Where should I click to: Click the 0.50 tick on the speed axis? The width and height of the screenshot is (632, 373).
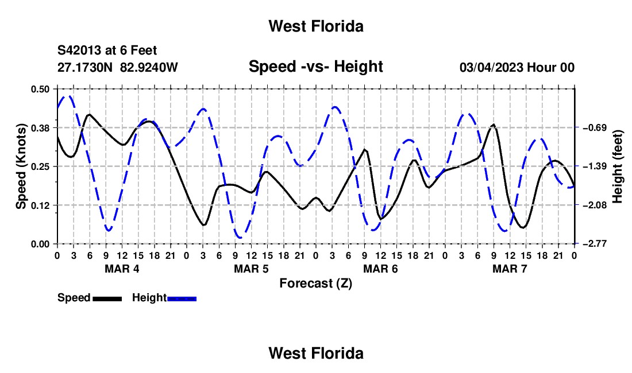pyautogui.click(x=40, y=89)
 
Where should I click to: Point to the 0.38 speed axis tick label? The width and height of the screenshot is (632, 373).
pyautogui.click(x=40, y=128)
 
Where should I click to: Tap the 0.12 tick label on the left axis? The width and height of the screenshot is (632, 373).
pyautogui.click(x=40, y=205)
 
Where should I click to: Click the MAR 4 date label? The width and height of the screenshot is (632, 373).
pyautogui.click(x=122, y=269)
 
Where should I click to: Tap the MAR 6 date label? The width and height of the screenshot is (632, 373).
pyautogui.click(x=380, y=269)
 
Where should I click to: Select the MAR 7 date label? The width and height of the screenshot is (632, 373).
pyautogui.click(x=510, y=269)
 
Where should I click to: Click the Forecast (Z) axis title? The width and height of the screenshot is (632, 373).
pyautogui.click(x=316, y=283)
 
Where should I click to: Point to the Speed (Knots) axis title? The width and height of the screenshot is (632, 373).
pyautogui.click(x=21, y=166)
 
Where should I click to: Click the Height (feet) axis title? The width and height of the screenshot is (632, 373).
pyautogui.click(x=618, y=166)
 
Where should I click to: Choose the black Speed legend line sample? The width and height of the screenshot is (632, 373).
pyautogui.click(x=107, y=298)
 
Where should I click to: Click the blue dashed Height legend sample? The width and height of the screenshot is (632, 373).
pyautogui.click(x=182, y=298)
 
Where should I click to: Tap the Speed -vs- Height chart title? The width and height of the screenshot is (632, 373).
pyautogui.click(x=316, y=67)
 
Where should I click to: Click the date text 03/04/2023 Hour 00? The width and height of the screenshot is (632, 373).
pyautogui.click(x=517, y=67)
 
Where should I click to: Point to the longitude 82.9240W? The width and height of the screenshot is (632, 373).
pyautogui.click(x=149, y=67)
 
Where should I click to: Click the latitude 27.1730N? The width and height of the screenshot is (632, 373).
pyautogui.click(x=85, y=67)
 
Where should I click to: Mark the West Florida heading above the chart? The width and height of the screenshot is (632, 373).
pyautogui.click(x=316, y=26)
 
